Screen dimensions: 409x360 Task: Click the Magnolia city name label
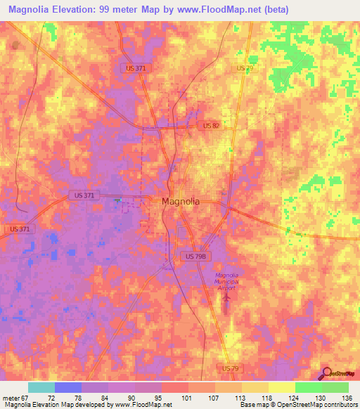181,201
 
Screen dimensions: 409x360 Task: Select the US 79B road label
196,257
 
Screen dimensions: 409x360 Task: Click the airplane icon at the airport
226,299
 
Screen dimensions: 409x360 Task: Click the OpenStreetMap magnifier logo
326,373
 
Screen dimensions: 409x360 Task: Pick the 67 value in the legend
24,398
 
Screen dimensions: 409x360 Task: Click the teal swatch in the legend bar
41,387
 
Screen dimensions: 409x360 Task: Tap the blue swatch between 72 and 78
68,387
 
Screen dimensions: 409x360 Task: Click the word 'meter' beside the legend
10,398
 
